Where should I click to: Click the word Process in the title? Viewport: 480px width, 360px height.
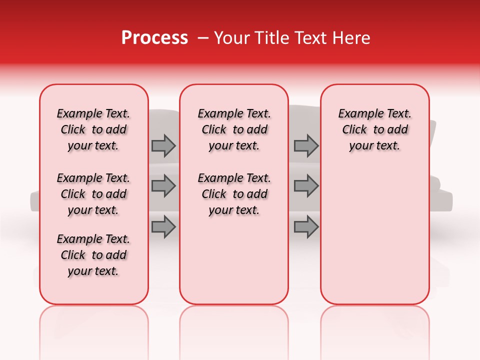154,38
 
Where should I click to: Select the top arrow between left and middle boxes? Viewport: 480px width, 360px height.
163,146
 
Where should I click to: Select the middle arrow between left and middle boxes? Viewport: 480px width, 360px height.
163,186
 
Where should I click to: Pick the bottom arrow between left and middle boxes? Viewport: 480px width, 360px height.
163,227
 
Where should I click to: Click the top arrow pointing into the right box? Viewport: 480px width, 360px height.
306,146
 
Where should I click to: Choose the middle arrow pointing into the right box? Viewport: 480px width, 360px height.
306,186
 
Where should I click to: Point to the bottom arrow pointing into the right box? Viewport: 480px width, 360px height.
306,227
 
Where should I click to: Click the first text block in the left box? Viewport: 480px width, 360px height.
93,129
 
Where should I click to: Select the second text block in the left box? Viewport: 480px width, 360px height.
93,194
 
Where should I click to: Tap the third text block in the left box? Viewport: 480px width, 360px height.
93,255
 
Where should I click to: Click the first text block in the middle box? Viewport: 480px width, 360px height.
234,129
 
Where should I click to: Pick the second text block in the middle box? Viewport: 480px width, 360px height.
234,194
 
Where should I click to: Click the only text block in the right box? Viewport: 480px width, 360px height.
374,129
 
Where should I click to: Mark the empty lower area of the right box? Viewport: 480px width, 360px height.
374,230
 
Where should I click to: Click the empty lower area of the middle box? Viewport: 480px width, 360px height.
234,260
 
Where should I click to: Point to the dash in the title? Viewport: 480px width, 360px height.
203,38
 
